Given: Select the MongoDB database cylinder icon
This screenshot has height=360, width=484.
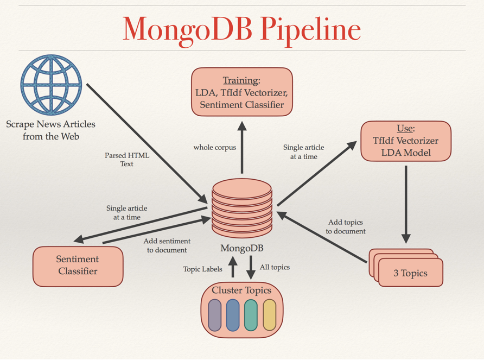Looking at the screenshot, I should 241,206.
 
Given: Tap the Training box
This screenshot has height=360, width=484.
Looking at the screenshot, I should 241,92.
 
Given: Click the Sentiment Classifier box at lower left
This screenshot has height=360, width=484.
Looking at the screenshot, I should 78,266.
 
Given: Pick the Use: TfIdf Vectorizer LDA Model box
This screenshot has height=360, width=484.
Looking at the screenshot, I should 406,141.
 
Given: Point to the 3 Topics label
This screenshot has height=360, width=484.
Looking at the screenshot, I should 410,273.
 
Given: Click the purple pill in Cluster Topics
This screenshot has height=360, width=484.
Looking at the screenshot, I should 215,315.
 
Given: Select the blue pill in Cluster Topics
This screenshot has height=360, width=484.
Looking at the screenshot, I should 233,315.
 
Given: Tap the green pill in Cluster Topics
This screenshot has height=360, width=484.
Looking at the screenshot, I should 251,315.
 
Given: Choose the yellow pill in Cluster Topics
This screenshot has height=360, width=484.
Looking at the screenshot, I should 269,315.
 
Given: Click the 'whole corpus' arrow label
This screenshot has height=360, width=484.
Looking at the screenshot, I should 215,147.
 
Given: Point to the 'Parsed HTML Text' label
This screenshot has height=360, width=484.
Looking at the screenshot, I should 127,159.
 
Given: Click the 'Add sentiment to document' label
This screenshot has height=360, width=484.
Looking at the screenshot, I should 167,245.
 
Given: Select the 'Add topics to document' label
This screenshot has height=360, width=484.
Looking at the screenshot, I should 346,226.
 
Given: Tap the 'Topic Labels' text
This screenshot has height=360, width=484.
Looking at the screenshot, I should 202,269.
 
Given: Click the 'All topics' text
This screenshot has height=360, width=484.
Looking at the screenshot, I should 275,267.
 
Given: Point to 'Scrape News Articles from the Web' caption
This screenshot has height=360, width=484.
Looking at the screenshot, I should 50,130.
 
